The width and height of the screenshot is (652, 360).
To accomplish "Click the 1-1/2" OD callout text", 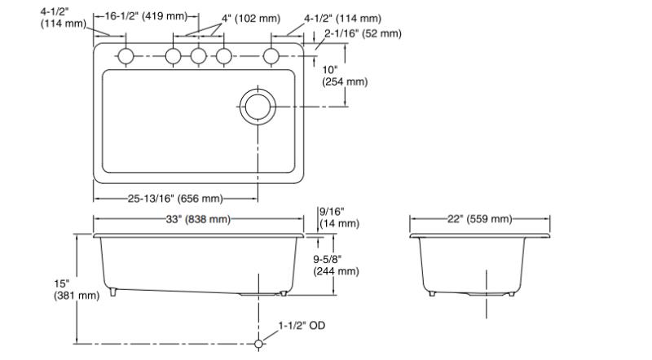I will tap(302, 326).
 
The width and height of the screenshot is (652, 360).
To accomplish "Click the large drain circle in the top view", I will tap(258, 107).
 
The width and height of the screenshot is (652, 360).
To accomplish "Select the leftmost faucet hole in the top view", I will tap(126, 56).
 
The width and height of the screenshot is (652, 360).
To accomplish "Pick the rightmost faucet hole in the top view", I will tap(271, 56).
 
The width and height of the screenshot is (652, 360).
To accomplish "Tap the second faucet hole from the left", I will tap(174, 56).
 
